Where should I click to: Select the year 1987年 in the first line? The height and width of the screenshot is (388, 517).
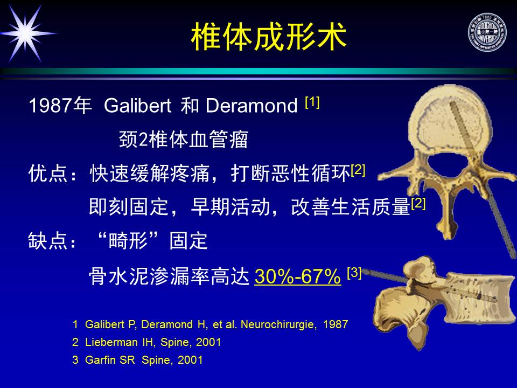click(60, 106)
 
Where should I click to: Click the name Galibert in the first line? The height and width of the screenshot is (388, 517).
click(137, 106)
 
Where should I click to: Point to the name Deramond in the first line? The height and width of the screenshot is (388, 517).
click(251, 106)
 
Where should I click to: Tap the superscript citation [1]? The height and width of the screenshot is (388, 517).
click(312, 102)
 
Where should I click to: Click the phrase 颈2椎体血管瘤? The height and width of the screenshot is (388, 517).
click(183, 139)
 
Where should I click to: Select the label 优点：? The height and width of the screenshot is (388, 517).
click(53, 173)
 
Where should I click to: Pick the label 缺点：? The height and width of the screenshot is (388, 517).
click(53, 241)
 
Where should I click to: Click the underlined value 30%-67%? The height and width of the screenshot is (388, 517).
click(298, 276)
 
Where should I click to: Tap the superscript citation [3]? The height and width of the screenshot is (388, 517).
click(354, 273)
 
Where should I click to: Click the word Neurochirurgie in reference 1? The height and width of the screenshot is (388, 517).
click(278, 324)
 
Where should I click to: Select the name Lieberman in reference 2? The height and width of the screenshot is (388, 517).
click(111, 342)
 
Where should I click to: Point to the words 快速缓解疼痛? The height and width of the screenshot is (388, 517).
click(150, 173)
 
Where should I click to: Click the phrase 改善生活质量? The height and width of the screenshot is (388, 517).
click(351, 207)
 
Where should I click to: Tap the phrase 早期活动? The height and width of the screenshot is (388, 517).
click(230, 207)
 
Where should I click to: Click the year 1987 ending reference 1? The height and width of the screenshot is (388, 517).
click(336, 324)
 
